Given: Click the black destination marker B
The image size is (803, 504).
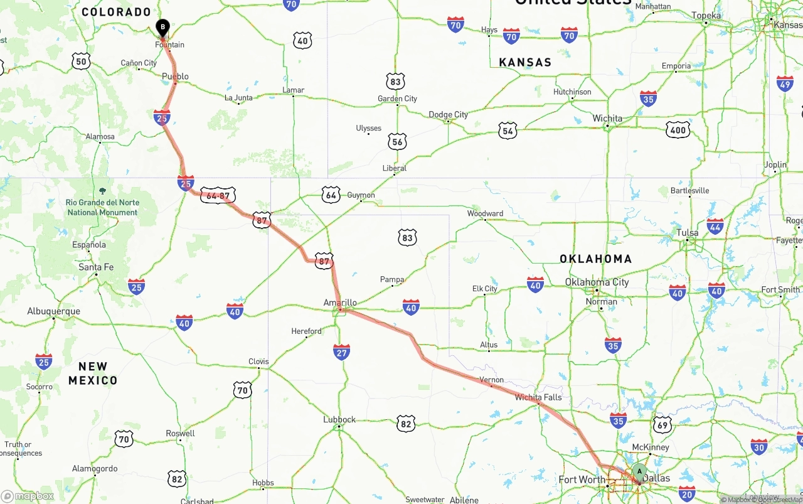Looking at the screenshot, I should pyautogui.click(x=162, y=27).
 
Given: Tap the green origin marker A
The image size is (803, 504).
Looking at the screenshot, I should pyautogui.click(x=639, y=471).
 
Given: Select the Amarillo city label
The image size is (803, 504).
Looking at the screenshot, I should pyautogui.click(x=340, y=303).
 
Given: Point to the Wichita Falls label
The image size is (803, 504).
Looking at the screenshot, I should pyautogui.click(x=538, y=397).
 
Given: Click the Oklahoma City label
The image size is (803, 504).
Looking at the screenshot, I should pyautogui.click(x=597, y=282).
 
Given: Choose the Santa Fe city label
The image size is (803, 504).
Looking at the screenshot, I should pyautogui.click(x=96, y=267).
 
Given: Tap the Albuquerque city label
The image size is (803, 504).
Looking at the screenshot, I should pyautogui.click(x=53, y=311).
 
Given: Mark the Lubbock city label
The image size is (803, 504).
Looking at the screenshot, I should pyautogui.click(x=339, y=419).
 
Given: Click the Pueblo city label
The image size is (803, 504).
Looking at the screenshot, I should pyautogui.click(x=175, y=77).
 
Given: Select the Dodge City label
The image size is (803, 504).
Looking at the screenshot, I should pyautogui.click(x=448, y=114).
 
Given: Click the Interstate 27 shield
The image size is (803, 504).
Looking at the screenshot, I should pyautogui.click(x=341, y=351).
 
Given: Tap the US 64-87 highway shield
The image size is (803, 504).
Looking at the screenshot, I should pyautogui.click(x=218, y=195).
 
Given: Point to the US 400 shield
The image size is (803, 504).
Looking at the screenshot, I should pyautogui.click(x=678, y=130).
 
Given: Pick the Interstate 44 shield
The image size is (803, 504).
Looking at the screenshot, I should pyautogui.click(x=715, y=226).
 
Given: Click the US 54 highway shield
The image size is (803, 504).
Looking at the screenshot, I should pyautogui.click(x=508, y=131).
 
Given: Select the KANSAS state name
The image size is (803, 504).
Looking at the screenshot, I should pyautogui.click(x=525, y=62).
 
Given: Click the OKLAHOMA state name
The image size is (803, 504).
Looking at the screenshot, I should pyautogui.click(x=595, y=259).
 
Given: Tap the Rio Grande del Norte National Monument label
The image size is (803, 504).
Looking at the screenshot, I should pyautogui.click(x=102, y=207).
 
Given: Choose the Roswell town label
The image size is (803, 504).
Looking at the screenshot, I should pyautogui.click(x=181, y=434).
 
